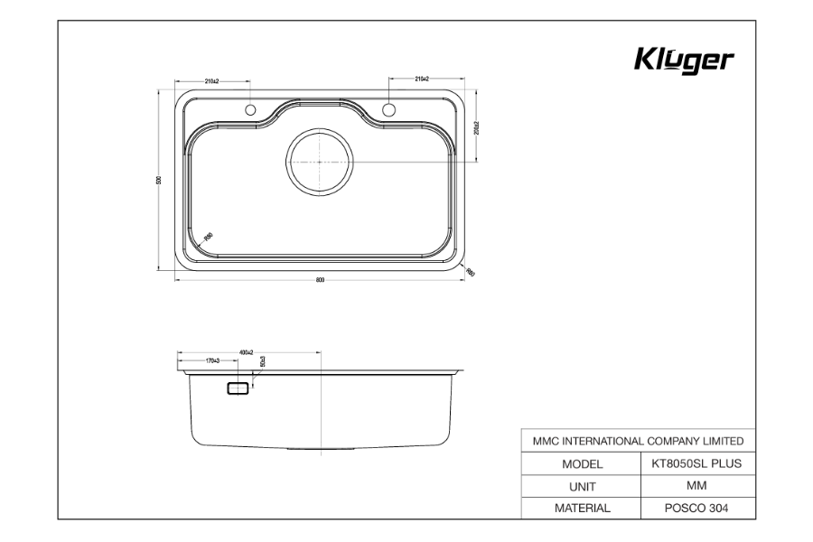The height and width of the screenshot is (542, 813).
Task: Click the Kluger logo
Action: click(x=684, y=61)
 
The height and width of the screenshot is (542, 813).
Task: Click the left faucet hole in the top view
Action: click(x=252, y=110)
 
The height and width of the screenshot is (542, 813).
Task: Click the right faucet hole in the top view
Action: click(x=389, y=110)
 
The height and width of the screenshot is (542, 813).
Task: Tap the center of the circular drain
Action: click(x=321, y=161)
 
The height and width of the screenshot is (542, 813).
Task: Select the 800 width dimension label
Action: click(x=321, y=280)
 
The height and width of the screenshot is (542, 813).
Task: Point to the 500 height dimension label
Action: click(x=159, y=180)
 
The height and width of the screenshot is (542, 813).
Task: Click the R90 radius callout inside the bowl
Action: click(x=208, y=237)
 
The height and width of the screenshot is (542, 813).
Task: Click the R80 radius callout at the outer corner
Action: click(x=470, y=271)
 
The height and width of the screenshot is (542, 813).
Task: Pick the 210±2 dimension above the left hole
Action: click(x=213, y=81)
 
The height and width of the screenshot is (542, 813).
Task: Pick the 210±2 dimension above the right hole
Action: click(x=422, y=79)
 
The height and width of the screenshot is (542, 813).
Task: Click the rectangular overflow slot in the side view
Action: click(x=238, y=388)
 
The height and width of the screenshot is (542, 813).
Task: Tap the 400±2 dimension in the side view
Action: click(x=246, y=351)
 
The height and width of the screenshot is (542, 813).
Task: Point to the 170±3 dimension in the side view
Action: click(x=213, y=360)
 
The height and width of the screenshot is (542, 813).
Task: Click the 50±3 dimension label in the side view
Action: click(x=263, y=361)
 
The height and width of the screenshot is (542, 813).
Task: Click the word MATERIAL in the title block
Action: click(x=582, y=508)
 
